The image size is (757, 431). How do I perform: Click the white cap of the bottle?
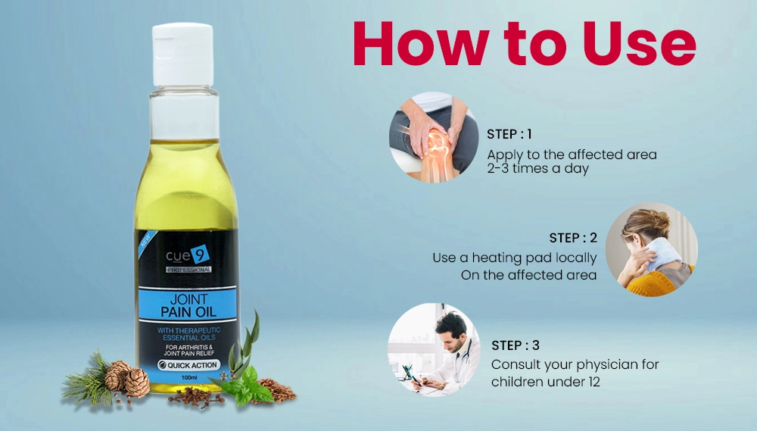pyautogui.click(x=183, y=54)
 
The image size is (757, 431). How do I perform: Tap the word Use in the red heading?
pyautogui.click(x=640, y=43)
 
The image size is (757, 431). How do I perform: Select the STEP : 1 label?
pyautogui.click(x=509, y=134)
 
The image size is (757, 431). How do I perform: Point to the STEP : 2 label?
pyautogui.click(x=573, y=238)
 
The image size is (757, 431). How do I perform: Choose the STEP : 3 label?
pyautogui.click(x=515, y=345)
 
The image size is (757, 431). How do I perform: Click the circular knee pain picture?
pyautogui.click(x=434, y=137)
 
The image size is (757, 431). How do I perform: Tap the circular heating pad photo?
pyautogui.click(x=651, y=249)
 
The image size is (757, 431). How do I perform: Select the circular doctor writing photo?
pyautogui.click(x=434, y=350)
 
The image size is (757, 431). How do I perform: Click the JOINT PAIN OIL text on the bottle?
pyautogui.click(x=188, y=305)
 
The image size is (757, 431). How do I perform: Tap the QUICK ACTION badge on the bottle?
pyautogui.click(x=188, y=365)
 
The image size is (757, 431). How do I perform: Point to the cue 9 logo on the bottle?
pyautogui.click(x=188, y=255)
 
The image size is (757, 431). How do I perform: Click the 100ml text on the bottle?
pyautogui.click(x=188, y=377)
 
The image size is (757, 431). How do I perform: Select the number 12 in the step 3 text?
pyautogui.click(x=593, y=382)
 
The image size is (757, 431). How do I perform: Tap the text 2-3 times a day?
pyautogui.click(x=537, y=169)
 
